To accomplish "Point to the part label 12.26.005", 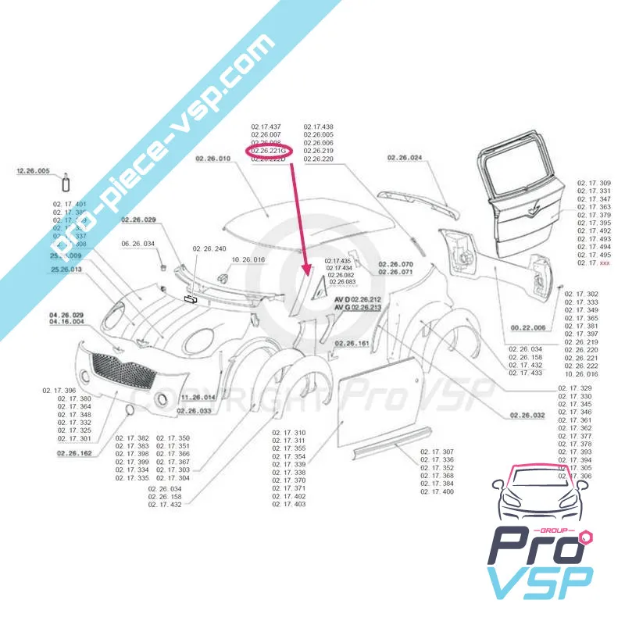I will tap(33, 170).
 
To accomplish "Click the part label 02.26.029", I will tap(138, 220).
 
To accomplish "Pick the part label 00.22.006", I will tap(528, 327).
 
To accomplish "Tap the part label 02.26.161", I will tap(353, 343).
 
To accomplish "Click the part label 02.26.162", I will tap(74, 452).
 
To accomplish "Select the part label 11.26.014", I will tap(198, 398).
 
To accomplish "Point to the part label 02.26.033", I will tap(194, 410).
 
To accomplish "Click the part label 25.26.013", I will tap(66, 269).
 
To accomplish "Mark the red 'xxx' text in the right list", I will tap(605, 263).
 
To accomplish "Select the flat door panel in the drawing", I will tap(374, 405).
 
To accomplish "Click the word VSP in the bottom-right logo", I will tap(540, 583).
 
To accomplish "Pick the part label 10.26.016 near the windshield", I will tap(249, 259).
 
